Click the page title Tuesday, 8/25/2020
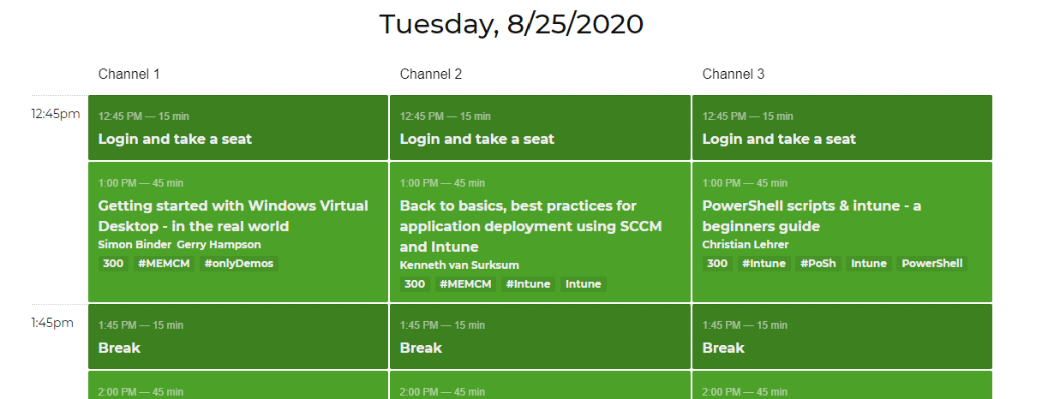coord(511,25)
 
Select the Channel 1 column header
coord(129,74)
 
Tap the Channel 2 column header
coord(431,74)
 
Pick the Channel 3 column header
coord(734,74)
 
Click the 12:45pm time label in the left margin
coord(56,114)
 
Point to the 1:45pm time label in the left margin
coord(52,323)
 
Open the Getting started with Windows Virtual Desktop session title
coord(233,216)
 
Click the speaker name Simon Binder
coord(135,244)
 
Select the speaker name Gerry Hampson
coord(219,244)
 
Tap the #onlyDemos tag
coord(239,263)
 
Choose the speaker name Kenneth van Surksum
coord(459,265)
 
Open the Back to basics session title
coord(530,226)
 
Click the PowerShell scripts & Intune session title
coord(811,216)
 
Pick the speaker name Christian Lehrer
coord(746,244)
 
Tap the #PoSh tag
coord(818,263)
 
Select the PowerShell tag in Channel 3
coord(932,263)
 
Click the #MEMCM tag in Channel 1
coord(164,263)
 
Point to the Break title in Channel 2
coord(421,348)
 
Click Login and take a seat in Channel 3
coord(779,139)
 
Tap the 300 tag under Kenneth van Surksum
coord(415,284)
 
